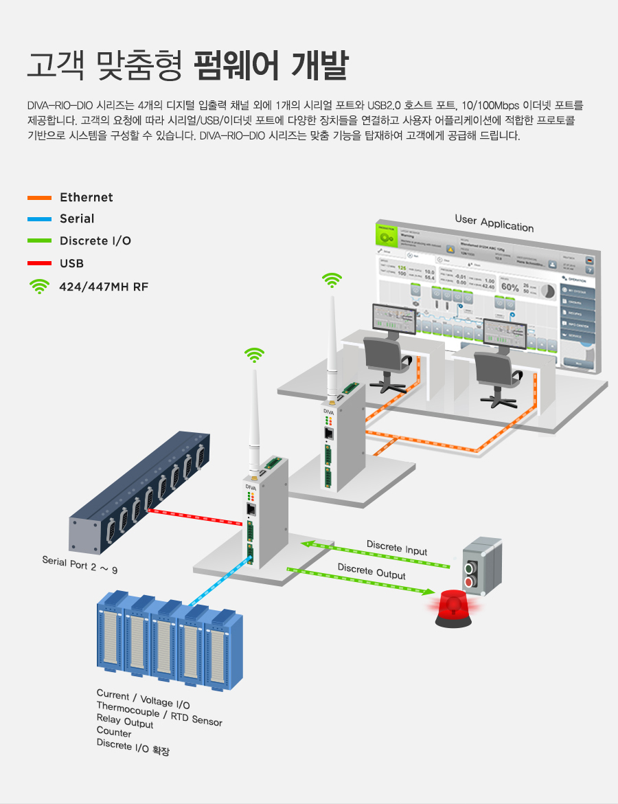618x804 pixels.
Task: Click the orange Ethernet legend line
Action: pos(39,198)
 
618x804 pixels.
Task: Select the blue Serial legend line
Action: pos(39,219)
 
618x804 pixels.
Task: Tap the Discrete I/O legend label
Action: pos(95,241)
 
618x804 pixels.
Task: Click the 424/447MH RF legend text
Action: pos(104,287)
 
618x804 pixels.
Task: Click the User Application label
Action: pos(494,223)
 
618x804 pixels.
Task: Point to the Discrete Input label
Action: pos(396,548)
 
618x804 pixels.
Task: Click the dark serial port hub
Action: pos(137,491)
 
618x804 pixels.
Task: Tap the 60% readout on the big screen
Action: pos(510,287)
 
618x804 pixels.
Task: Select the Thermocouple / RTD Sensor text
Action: pos(159,713)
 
